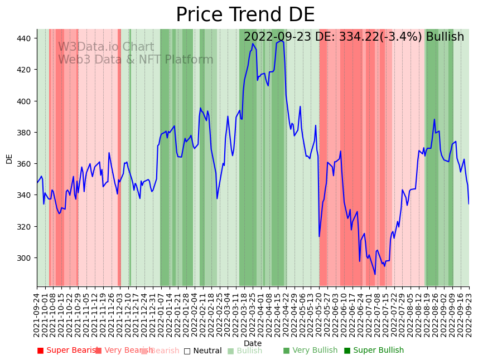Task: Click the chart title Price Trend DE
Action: pyautogui.click(x=245, y=15)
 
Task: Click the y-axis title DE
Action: pyautogui.click(x=9, y=159)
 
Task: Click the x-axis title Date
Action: pyautogui.click(x=253, y=343)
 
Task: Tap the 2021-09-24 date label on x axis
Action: pyautogui.click(x=37, y=314)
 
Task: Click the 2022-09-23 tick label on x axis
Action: pyautogui.click(x=469, y=314)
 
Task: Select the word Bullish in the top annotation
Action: pyautogui.click(x=445, y=37)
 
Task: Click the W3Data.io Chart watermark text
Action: pyautogui.click(x=106, y=47)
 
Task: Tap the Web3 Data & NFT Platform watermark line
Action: pyautogui.click(x=136, y=60)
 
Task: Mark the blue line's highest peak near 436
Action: pyautogui.click(x=253, y=43)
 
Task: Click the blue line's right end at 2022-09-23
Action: pyautogui.click(x=469, y=203)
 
